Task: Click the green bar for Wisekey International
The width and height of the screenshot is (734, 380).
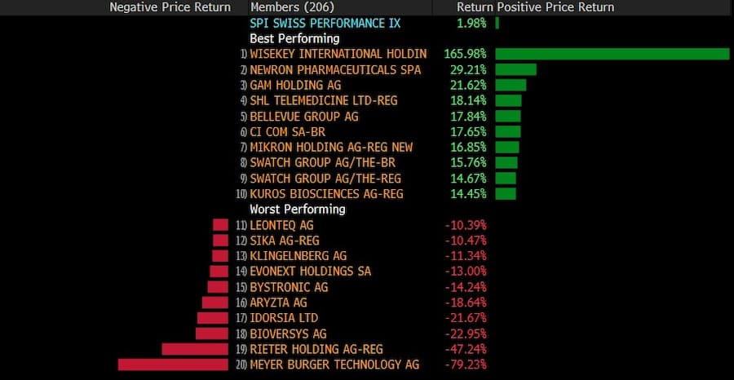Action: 612,54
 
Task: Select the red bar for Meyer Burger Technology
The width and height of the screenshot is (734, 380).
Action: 173,365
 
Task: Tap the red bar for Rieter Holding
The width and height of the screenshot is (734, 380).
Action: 195,349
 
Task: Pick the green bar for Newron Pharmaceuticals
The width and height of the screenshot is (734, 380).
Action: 515,69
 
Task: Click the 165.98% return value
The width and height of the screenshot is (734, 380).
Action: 465,54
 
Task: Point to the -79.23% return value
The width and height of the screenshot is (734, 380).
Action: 465,365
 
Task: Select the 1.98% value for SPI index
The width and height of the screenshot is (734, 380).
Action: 471,23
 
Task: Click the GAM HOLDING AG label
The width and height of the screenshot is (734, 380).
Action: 295,85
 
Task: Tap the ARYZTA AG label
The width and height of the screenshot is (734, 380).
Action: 278,303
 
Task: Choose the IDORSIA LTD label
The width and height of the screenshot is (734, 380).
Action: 284,318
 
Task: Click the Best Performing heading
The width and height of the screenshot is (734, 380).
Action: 294,38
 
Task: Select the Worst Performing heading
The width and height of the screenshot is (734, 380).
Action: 297,210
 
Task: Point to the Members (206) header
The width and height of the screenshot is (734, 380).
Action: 287,7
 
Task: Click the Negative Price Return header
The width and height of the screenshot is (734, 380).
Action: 170,7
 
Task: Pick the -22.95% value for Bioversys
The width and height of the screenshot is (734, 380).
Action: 465,334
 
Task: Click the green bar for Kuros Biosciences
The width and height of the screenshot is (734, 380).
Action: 506,194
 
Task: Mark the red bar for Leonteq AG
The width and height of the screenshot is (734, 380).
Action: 220,225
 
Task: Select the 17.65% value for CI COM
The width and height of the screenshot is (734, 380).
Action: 468,131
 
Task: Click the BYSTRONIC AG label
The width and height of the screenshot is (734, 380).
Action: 289,287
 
